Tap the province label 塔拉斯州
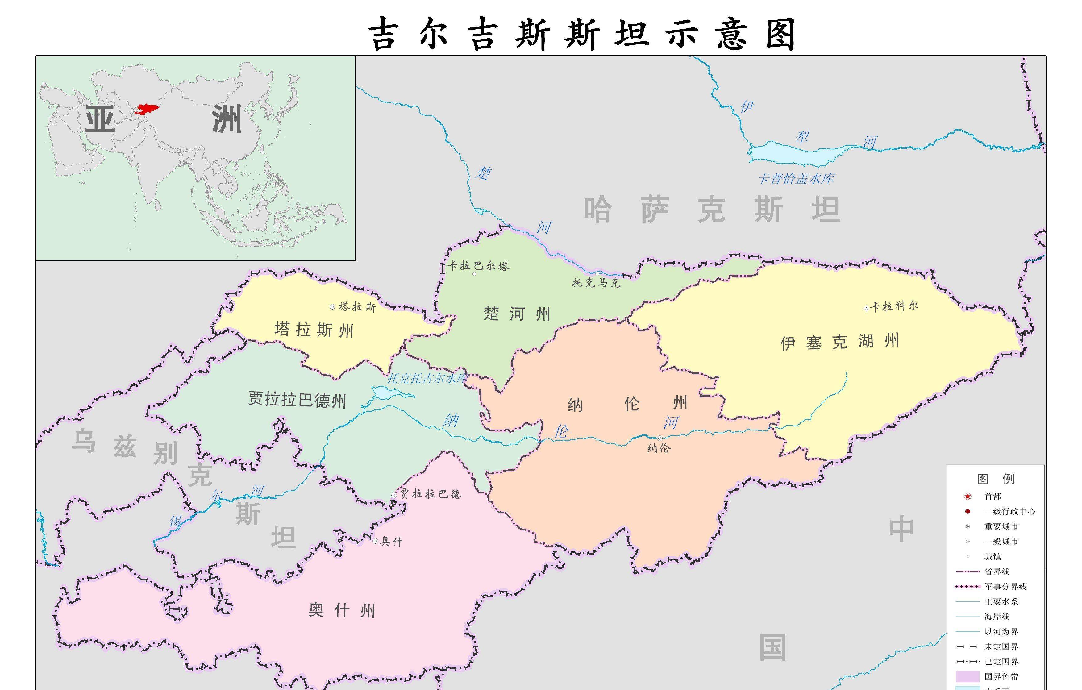coord(314,330)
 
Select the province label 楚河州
coord(517,314)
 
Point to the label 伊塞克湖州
coord(839,342)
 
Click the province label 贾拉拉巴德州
coord(297,399)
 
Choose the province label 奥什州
coord(342,610)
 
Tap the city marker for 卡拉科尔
coord(866,309)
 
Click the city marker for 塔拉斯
coord(332,307)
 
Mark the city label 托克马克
coord(596,283)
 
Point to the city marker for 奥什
coord(375,541)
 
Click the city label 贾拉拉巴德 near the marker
coord(431,494)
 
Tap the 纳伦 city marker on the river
coord(660,438)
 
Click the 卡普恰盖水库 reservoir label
coord(796,179)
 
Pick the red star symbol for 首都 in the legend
coord(968,497)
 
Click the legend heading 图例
coord(996,479)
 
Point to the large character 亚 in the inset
coord(100,119)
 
